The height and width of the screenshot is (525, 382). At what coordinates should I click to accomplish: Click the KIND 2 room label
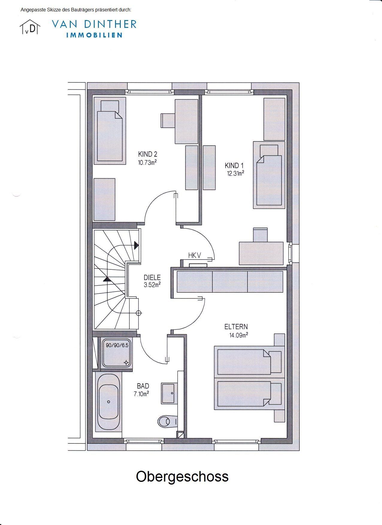coord(147,154)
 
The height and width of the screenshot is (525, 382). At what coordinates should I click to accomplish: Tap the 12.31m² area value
coord(235,173)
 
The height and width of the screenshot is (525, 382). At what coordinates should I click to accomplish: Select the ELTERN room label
coord(236,327)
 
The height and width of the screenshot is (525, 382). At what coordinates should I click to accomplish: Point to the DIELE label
coord(152,277)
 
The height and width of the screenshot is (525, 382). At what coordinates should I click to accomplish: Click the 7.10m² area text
coord(141,394)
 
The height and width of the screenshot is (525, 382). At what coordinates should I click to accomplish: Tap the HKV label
coord(195,255)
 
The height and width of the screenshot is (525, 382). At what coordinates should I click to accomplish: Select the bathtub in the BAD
coord(108,402)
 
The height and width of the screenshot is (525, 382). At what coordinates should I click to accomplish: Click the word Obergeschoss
coord(182,476)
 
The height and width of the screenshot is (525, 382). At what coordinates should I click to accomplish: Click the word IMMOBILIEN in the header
coord(94,35)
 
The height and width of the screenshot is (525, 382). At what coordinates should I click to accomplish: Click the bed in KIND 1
coord(269,175)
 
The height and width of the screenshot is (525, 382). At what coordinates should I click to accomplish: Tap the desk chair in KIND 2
coord(168,120)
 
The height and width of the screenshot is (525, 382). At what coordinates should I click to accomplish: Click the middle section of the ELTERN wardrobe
coord(230,282)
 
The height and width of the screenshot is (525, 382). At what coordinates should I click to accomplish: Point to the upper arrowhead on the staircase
coord(137,246)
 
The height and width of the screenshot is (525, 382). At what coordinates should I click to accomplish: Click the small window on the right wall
coord(290,254)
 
